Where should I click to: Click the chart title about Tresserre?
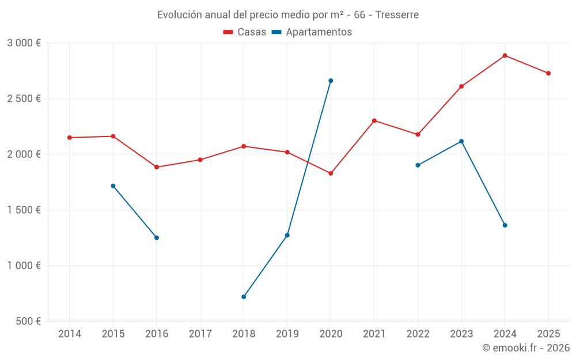288,14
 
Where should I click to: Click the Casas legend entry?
245,32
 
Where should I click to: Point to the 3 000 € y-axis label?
24,43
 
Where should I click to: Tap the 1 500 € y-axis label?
24,210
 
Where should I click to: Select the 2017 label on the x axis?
200,334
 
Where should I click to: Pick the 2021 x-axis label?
374,334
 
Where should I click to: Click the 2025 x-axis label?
548,334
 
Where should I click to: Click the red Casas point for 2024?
505,56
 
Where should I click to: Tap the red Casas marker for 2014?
70,138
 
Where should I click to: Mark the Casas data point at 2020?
331,173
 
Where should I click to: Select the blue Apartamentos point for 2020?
331,81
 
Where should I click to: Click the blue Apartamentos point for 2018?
244,297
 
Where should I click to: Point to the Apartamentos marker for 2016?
157,238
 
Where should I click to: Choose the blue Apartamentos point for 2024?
505,225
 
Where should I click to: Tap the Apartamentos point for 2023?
461,141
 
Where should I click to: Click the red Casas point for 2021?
374,121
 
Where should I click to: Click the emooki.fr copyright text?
526,348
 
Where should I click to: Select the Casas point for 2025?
548,73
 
